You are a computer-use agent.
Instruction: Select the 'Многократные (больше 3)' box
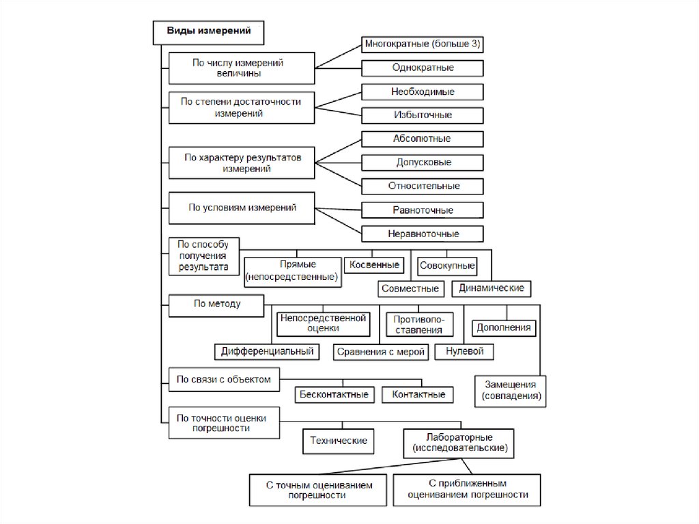(423, 44)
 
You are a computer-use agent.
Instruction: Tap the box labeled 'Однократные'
(423, 68)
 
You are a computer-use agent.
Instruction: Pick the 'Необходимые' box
(423, 92)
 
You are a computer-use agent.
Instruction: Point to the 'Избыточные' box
(423, 115)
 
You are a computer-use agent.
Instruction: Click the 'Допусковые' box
(423, 163)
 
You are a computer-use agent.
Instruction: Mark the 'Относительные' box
(423, 186)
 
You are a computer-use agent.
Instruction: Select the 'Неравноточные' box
(423, 234)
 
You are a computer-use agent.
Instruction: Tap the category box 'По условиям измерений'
(242, 209)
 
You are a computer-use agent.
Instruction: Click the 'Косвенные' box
(374, 264)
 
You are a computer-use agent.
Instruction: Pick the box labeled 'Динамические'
(491, 288)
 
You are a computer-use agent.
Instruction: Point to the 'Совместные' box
(411, 288)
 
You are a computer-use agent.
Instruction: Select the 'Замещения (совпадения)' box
(511, 389)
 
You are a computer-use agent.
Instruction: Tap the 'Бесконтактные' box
(334, 394)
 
